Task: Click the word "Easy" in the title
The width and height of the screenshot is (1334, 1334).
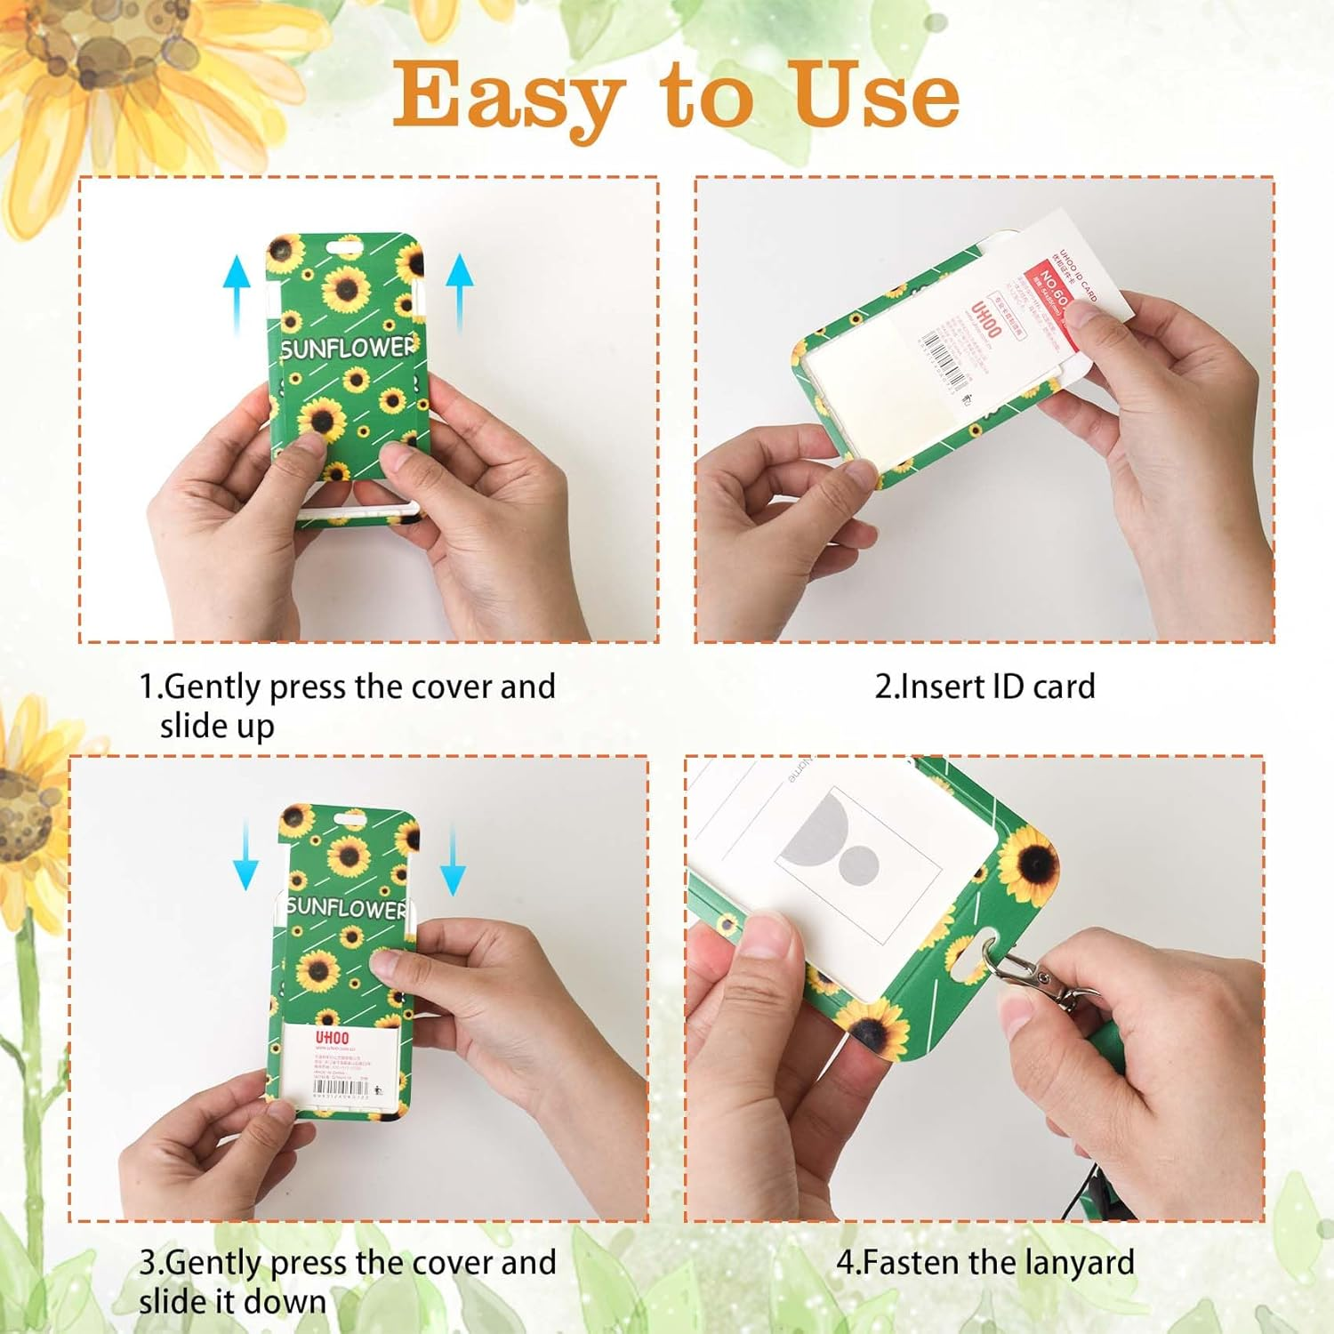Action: pyautogui.click(x=508, y=96)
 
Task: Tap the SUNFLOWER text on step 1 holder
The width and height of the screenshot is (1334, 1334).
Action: pyautogui.click(x=348, y=348)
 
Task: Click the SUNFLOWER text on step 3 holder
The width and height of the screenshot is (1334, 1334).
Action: pyautogui.click(x=346, y=908)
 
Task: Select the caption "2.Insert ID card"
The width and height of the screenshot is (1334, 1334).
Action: pyautogui.click(x=984, y=687)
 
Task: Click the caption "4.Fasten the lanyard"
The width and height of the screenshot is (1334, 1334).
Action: pyautogui.click(x=984, y=1262)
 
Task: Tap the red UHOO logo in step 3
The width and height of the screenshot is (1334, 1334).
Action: pyautogui.click(x=332, y=1038)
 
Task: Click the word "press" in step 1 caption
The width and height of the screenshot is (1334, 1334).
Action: pyautogui.click(x=308, y=687)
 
